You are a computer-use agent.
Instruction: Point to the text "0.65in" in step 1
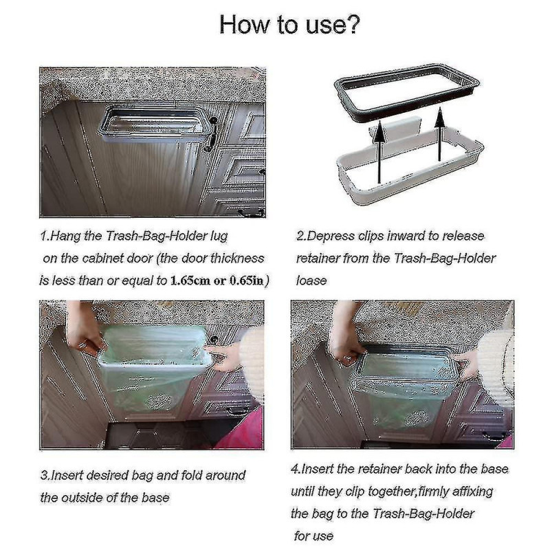click(246, 282)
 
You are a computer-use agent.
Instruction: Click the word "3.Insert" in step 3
click(66, 475)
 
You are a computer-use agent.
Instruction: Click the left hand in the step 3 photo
click(82, 331)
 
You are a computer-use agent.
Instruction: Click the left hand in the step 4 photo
click(344, 336)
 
